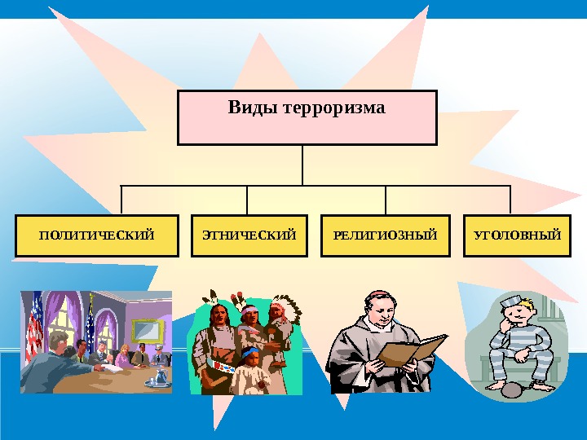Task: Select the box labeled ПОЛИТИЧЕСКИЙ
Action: pyautogui.click(x=96, y=235)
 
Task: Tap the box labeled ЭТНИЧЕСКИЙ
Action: pyautogui.click(x=249, y=235)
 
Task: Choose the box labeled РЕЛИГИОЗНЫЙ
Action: pyautogui.click(x=386, y=235)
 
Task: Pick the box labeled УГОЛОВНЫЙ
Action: pyautogui.click(x=518, y=235)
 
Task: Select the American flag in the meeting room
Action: pyautogui.click(x=34, y=326)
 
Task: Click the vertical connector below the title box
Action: pyautogui.click(x=302, y=165)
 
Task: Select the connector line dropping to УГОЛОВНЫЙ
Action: pyautogui.click(x=510, y=200)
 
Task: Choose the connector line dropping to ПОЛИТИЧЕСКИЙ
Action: pyautogui.click(x=121, y=200)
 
